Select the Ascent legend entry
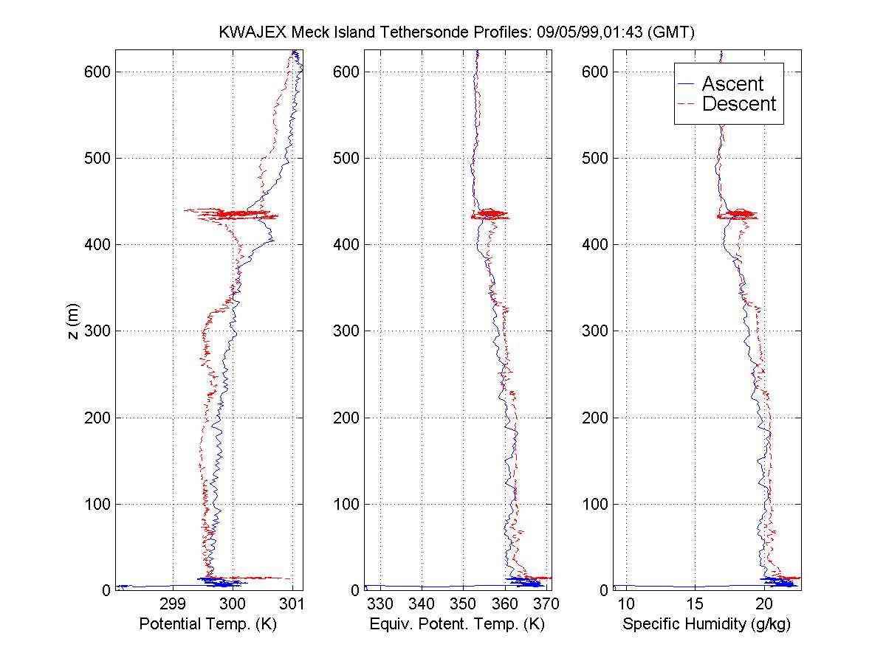pyautogui.click(x=732, y=84)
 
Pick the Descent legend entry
pyautogui.click(x=738, y=104)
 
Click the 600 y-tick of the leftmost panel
pyautogui.click(x=98, y=72)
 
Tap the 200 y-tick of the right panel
pyautogui.click(x=596, y=418)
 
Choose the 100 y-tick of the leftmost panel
pyautogui.click(x=98, y=504)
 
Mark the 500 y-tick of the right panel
pyautogui.click(x=596, y=158)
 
